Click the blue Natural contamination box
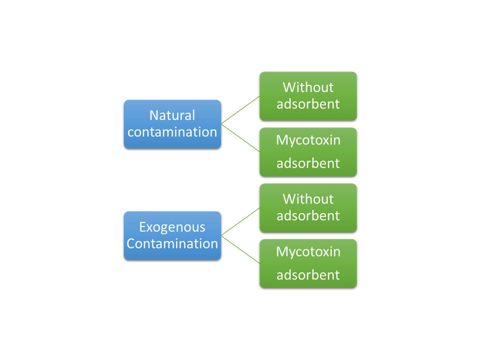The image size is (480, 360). [172, 124]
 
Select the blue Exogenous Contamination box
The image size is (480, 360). [172, 235]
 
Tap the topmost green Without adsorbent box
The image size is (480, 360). [308, 96]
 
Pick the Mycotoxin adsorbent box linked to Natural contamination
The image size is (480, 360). [308, 152]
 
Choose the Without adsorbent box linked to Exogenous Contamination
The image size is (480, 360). [308, 208]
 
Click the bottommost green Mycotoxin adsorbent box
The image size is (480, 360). [308, 263]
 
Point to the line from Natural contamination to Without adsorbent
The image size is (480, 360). [240, 110]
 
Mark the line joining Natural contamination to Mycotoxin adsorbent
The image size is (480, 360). [240, 138]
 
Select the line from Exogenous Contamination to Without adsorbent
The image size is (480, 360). [240, 222]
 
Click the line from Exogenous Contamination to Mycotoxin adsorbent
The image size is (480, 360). [240, 249]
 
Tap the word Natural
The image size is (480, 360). [172, 115]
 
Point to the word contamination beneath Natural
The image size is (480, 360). [172, 132]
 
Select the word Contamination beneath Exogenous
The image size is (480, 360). [172, 243]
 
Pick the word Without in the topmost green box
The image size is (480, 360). [308, 87]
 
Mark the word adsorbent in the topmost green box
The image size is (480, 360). [308, 104]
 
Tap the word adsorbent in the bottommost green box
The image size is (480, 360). [308, 275]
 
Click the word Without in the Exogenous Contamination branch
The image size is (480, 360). [308, 199]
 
